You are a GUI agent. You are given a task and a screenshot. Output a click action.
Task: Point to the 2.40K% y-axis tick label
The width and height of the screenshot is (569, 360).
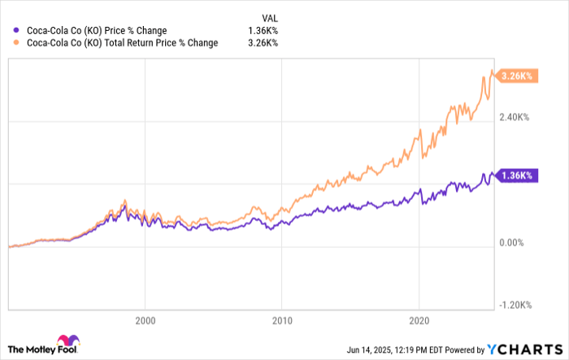tap(513, 117)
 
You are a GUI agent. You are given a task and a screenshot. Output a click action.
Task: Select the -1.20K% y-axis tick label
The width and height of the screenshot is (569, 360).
tap(513, 305)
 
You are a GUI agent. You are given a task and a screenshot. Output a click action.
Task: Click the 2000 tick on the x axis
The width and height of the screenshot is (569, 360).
tap(145, 320)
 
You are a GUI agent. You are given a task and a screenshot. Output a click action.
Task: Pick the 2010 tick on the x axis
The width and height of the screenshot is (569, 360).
tap(281, 320)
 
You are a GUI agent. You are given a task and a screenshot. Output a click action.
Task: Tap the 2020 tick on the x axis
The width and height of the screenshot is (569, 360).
tap(419, 320)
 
